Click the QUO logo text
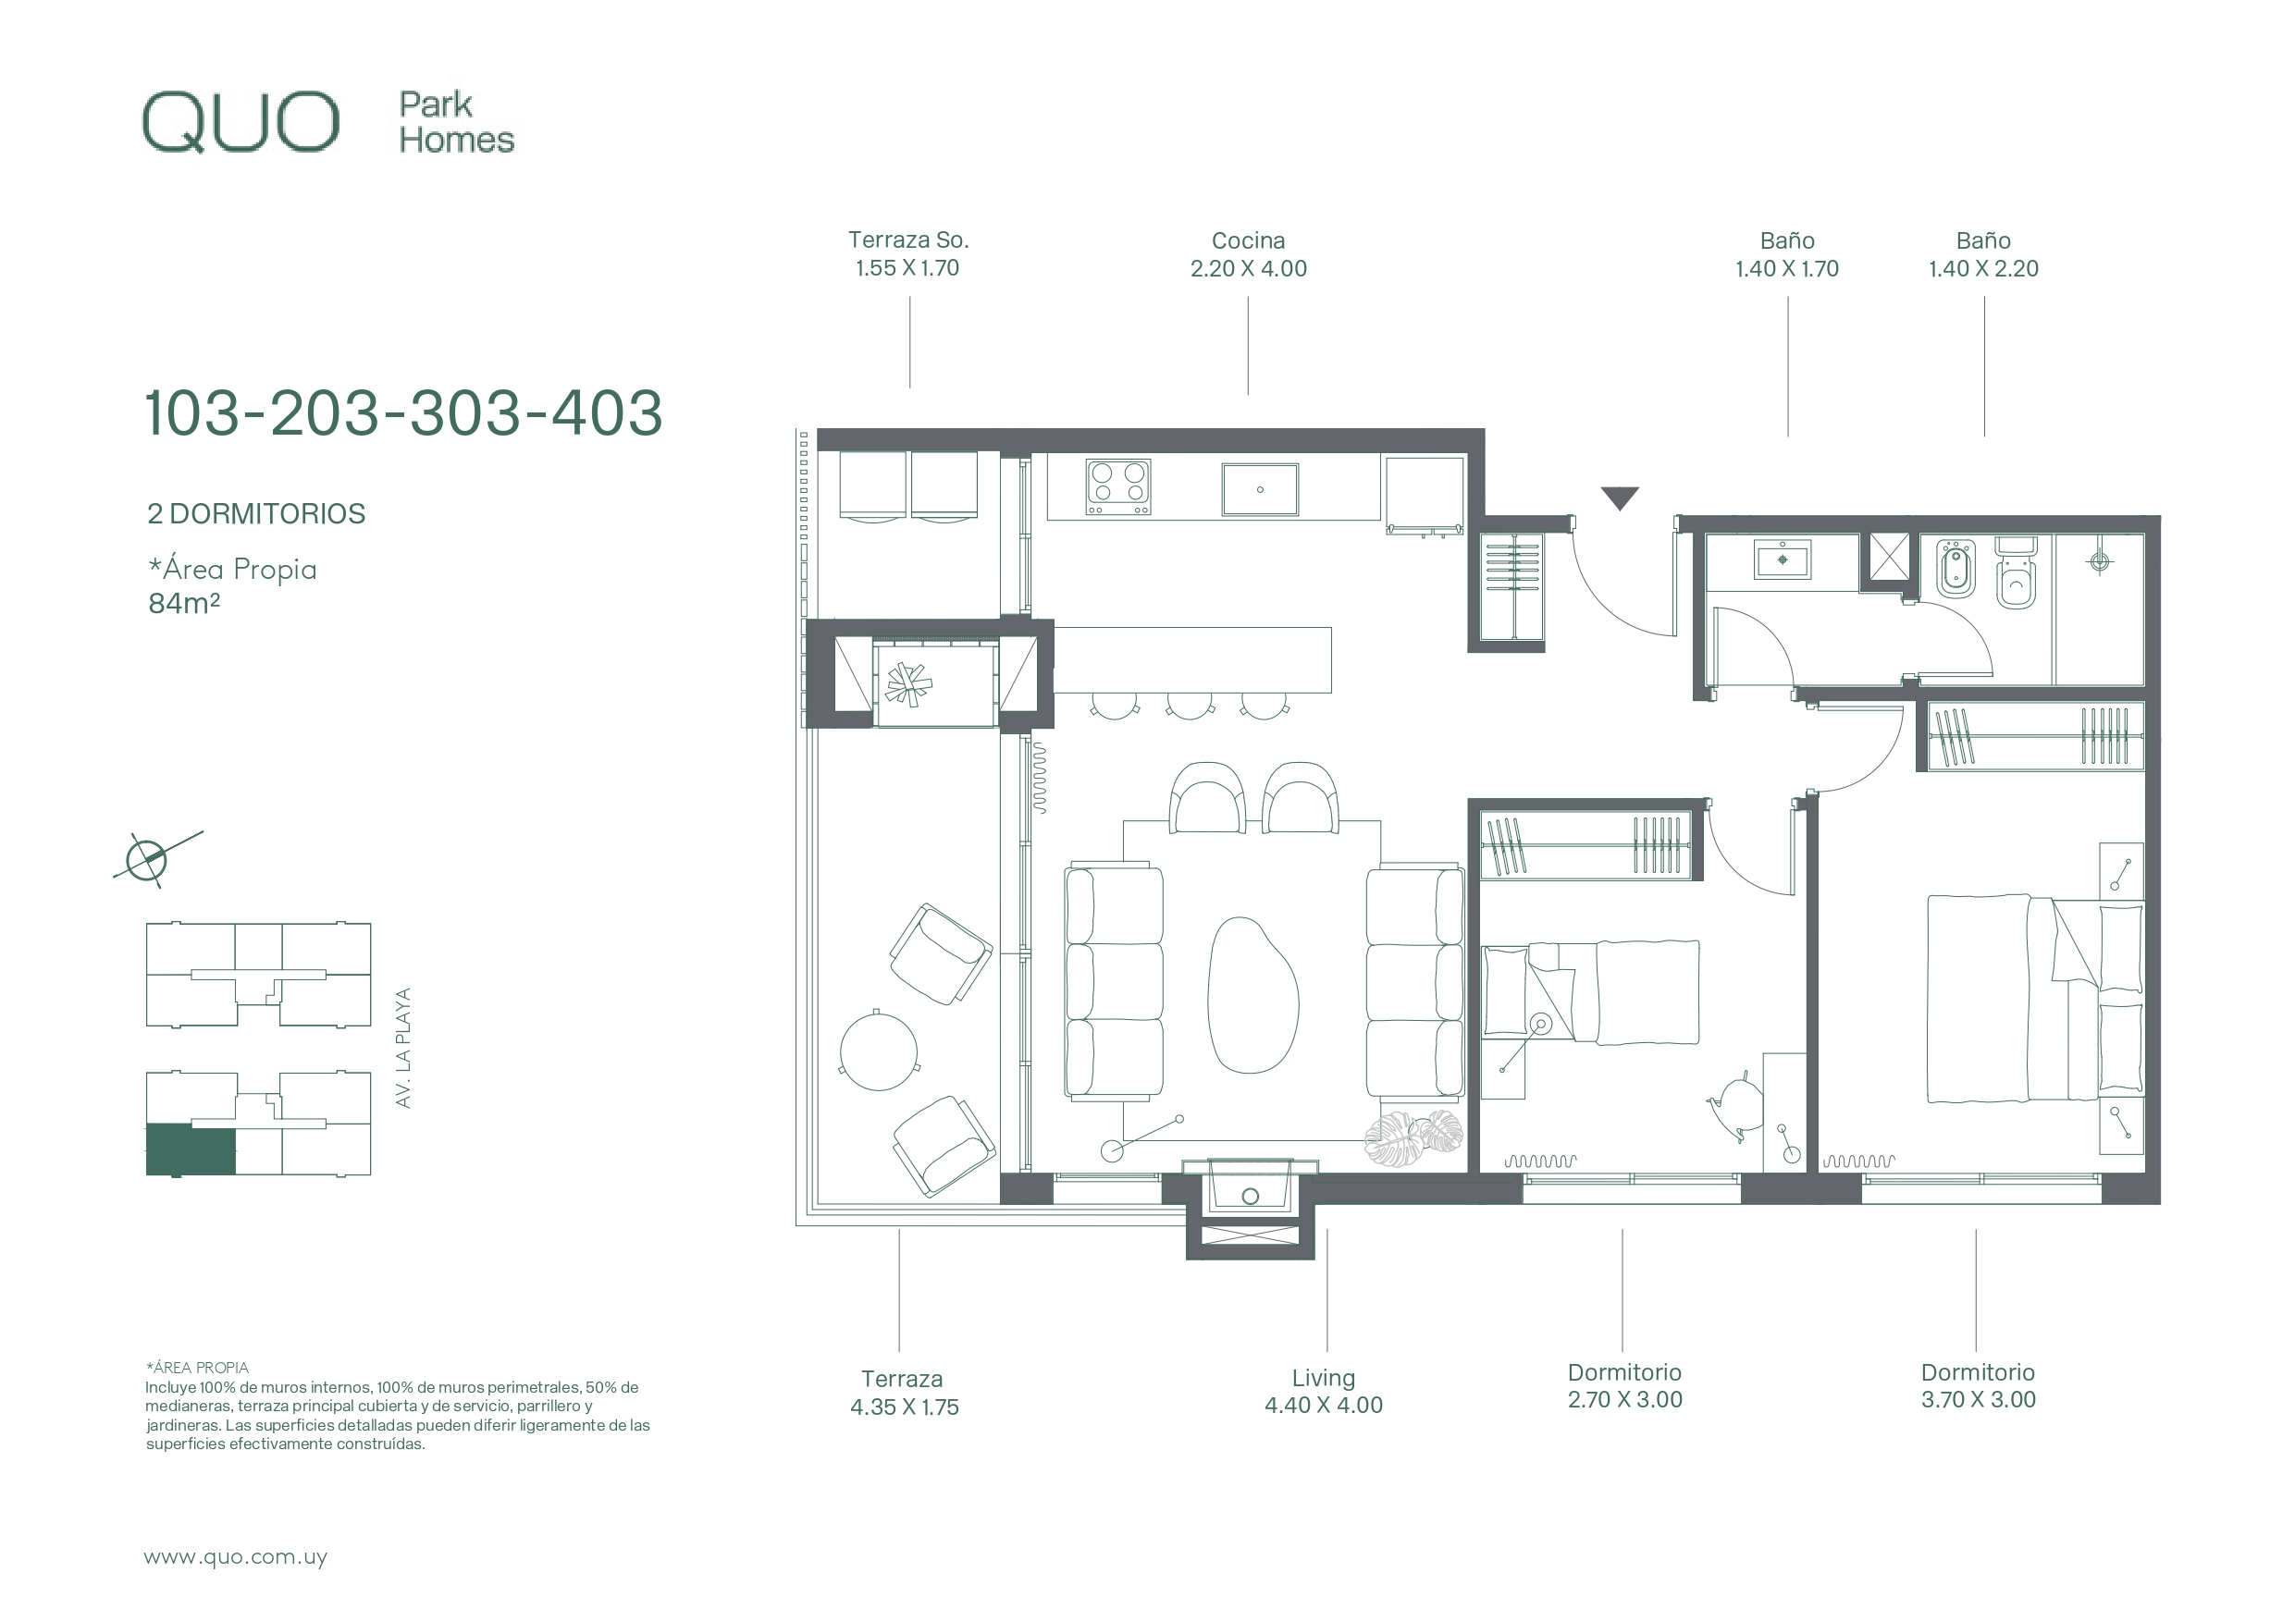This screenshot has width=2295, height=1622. pyautogui.click(x=241, y=123)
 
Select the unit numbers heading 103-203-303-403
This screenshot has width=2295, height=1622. pyautogui.click(x=404, y=412)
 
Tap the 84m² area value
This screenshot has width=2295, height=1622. pyautogui.click(x=184, y=604)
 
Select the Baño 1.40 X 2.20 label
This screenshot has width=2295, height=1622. pyautogui.click(x=1983, y=255)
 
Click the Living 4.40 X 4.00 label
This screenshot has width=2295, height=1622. pyautogui.click(x=1324, y=1391)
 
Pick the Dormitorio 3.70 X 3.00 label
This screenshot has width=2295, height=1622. pyautogui.click(x=1978, y=1386)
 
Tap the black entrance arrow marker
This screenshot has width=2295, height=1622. pyautogui.click(x=1620, y=498)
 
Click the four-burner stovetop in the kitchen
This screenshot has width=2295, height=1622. pyautogui.click(x=1118, y=487)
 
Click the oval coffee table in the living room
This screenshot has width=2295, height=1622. pyautogui.click(x=1253, y=994)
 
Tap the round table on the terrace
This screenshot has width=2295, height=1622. pyautogui.click(x=879, y=1051)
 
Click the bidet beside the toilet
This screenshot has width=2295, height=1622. pyautogui.click(x=1956, y=569)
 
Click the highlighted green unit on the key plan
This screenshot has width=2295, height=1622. pyautogui.click(x=191, y=1150)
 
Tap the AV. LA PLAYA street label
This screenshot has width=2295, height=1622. pyautogui.click(x=404, y=1048)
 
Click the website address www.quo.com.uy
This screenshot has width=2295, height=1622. pyautogui.click(x=236, y=1557)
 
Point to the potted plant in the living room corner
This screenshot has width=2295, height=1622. pyautogui.click(x=1413, y=1139)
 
